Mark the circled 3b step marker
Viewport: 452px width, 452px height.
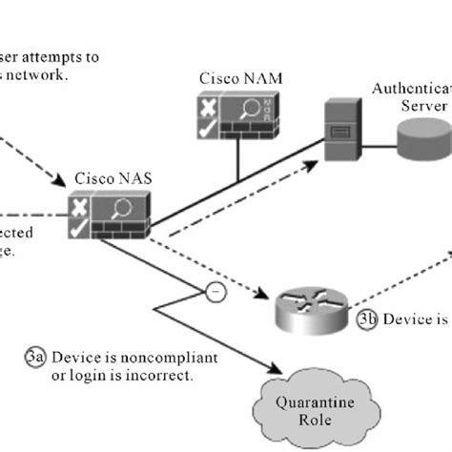tap(366, 320)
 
